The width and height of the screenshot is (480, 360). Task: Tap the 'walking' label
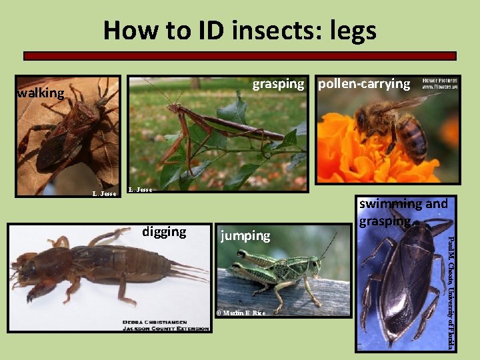pos(41,93)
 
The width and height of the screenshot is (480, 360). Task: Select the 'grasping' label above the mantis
pos(277,84)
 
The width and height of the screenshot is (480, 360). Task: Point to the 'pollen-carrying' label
pos(363,84)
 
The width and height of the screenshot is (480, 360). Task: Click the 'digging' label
pos(164,231)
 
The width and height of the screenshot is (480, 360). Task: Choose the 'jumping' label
pos(246,235)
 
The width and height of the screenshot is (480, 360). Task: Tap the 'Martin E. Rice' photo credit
pos(241,313)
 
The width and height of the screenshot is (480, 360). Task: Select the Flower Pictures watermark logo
pos(439,83)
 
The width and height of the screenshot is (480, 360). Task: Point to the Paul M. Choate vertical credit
pos(451,291)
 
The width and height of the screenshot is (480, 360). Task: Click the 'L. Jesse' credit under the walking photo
pos(104,194)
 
